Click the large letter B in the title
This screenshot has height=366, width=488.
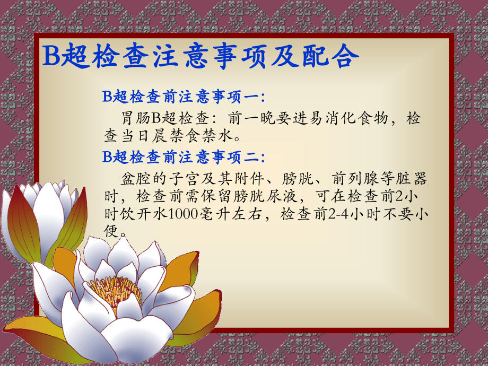(x=51, y=57)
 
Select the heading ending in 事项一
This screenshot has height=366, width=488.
(x=184, y=97)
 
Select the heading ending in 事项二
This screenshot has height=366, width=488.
(x=184, y=156)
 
